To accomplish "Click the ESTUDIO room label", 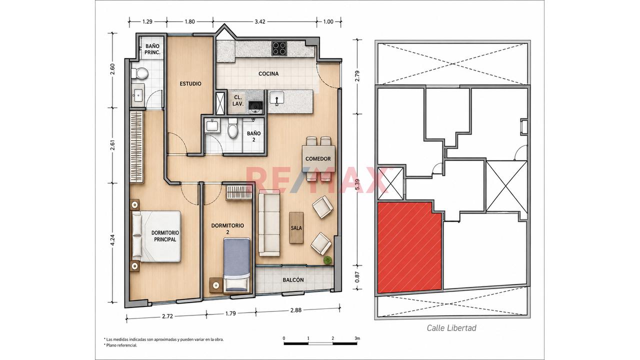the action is [x=190, y=83].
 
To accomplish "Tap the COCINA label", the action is [x=268, y=73].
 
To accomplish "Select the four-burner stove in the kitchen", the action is [x=279, y=48].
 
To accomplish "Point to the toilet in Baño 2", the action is [x=233, y=128].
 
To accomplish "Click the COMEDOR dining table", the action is [x=318, y=158].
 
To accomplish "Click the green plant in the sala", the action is [x=327, y=260].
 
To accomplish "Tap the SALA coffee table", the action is [x=296, y=227].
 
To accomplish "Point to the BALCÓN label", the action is [x=293, y=280].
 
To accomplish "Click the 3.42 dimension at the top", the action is [x=259, y=21].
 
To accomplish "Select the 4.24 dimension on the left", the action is [x=112, y=240].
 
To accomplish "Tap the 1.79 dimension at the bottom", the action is [x=230, y=313].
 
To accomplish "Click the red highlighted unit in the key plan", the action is [x=409, y=247].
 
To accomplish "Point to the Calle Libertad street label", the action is [x=451, y=328].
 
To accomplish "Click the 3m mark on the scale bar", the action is [x=357, y=338].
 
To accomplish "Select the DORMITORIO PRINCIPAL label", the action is [x=165, y=236].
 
